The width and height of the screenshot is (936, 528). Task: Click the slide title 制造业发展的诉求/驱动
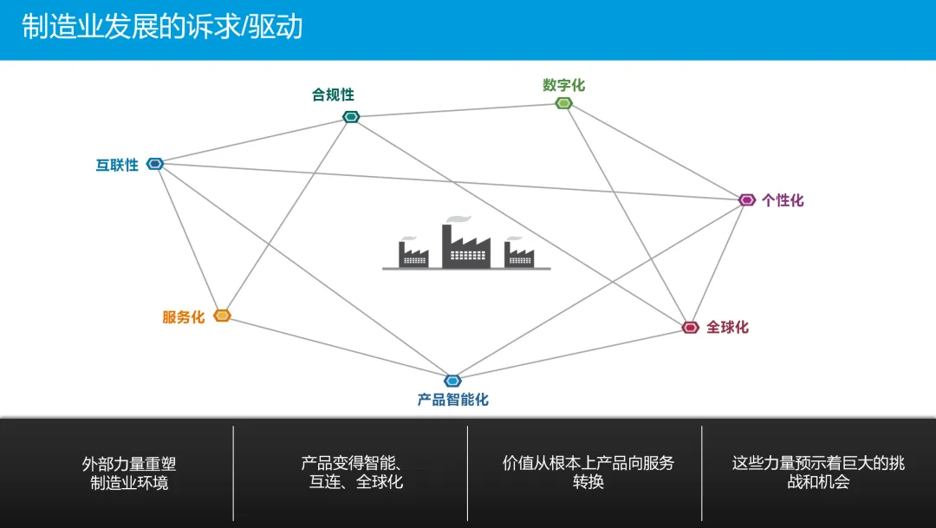(162, 27)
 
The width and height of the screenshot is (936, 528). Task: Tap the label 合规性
(333, 95)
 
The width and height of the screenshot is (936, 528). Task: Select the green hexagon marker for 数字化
(564, 103)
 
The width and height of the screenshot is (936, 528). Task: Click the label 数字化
(564, 85)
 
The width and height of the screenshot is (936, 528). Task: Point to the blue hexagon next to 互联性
(155, 164)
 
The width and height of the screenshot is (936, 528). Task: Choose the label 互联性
(117, 165)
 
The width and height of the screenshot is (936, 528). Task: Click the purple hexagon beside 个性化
(747, 200)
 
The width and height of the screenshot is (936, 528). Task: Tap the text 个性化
(783, 200)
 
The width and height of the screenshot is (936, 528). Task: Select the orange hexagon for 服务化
(223, 316)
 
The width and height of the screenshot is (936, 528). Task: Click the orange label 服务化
(184, 317)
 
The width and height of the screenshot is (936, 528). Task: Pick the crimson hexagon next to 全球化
(691, 327)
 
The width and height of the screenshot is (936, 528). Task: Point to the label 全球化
(727, 327)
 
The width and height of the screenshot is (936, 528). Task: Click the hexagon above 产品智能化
(452, 381)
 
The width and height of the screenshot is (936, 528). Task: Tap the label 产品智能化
(453, 400)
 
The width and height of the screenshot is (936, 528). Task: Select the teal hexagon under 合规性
(351, 117)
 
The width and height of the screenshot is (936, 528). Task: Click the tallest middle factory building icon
(466, 246)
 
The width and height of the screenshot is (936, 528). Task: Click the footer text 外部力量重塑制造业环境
(129, 473)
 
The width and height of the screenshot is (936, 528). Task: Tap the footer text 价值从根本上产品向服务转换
(588, 473)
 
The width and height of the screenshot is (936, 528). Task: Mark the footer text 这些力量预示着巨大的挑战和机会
(818, 473)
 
